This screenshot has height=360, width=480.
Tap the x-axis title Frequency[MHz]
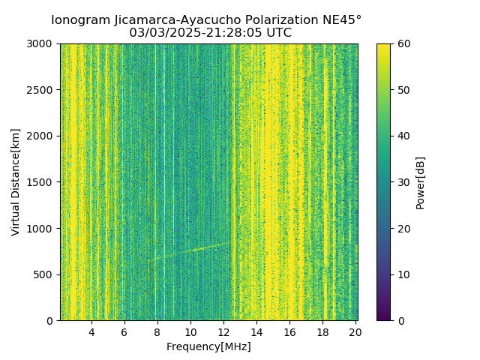pos(208,346)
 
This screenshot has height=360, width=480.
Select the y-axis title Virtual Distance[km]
pos(15,182)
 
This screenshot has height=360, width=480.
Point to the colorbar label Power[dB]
pos(421,182)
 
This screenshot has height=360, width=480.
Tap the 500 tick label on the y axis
pos(44,274)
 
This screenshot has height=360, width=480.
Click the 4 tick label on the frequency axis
pos(91,332)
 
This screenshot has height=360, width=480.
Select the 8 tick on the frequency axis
pos(157,332)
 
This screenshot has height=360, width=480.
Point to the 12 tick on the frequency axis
pos(223,332)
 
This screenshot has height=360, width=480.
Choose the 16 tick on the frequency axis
pos(289,332)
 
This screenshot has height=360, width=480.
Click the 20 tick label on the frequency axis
pos(355,332)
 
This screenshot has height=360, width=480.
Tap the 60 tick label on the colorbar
pos(403,43)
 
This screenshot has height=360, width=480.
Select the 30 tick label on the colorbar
pos(403,182)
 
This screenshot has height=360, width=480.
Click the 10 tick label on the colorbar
pos(403,274)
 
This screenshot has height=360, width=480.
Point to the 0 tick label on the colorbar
pos(400,321)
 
